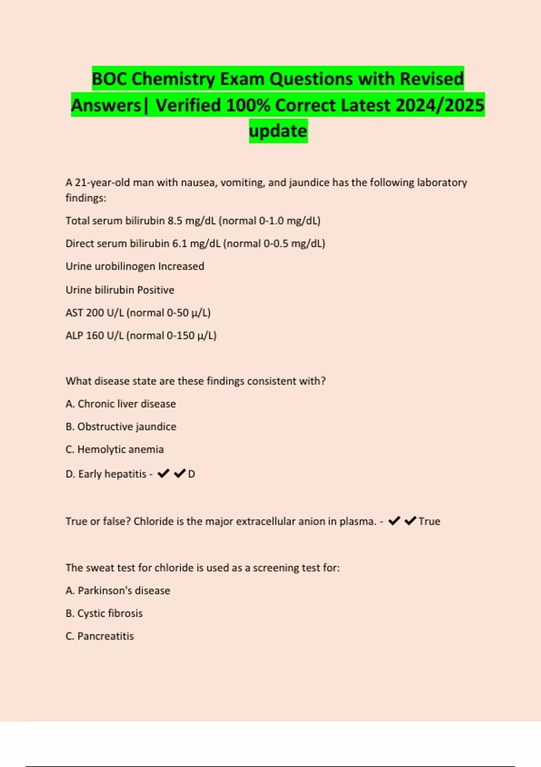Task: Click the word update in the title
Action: coord(278,131)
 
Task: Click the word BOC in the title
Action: coord(110,79)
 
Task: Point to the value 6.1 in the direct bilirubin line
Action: coord(179,244)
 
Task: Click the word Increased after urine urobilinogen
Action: coord(181,267)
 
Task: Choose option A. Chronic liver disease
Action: coord(121,404)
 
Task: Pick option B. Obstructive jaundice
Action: coord(121,427)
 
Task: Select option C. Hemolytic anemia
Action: coord(115,450)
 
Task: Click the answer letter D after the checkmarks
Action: coord(192,474)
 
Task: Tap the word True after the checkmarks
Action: coord(429,522)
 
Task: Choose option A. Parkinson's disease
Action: coord(118,591)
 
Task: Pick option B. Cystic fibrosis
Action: coord(104,614)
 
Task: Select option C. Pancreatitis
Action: coord(100,636)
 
